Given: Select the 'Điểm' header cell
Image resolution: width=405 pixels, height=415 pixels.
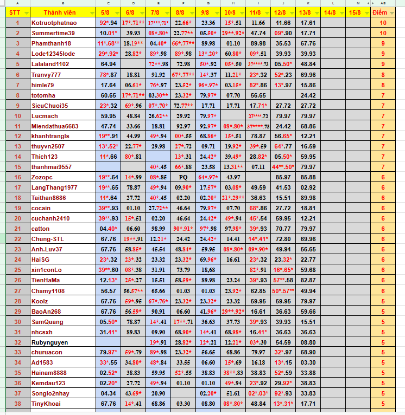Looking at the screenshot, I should [383, 12].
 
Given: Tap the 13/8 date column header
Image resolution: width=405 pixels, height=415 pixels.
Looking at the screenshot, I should [305, 12].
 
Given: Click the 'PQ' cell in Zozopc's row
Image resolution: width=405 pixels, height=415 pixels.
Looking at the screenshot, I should [183, 177].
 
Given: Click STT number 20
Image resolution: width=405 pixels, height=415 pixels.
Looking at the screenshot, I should [17, 218].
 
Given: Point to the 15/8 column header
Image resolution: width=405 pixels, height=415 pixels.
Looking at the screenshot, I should [355, 12].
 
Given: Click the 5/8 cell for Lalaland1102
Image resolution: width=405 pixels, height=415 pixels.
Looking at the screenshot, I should [108, 64].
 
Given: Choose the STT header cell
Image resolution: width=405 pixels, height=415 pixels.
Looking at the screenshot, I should [17, 12].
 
